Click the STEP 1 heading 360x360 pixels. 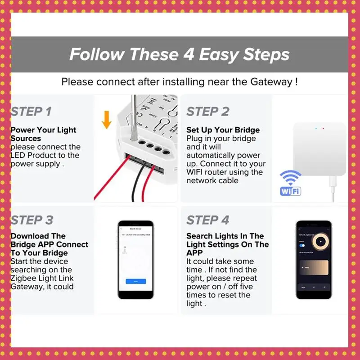pos(31,112)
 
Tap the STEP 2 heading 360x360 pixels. pos(208,112)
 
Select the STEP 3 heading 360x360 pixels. pos(32,220)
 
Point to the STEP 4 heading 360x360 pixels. pos(208,220)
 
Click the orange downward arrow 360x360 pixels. pos(107,120)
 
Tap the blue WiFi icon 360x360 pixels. pos(291,183)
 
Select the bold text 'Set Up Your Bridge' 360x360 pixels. pos(223,130)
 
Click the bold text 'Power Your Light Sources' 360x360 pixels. pos(43,134)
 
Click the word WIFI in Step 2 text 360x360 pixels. pos(197,172)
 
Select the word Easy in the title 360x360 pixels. pos(219,54)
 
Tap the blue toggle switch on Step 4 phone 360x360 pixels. pos(302,246)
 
